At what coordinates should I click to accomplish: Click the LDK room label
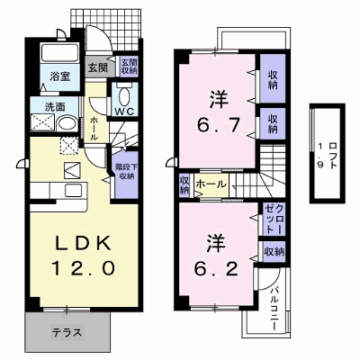83,243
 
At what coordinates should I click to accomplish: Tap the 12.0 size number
83,268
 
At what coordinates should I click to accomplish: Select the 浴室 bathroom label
59,76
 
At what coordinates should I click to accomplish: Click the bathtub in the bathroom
59,53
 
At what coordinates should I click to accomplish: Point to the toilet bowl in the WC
124,95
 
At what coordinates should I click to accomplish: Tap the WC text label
125,112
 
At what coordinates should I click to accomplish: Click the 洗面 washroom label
55,107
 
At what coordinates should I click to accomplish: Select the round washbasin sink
67,123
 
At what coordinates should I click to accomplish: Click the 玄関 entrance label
97,67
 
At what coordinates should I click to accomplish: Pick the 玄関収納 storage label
129,67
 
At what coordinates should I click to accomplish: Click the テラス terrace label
67,332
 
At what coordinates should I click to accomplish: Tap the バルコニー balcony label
274,310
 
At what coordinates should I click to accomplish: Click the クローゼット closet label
274,220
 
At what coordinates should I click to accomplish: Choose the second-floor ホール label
211,184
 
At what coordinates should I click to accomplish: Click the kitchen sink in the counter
73,190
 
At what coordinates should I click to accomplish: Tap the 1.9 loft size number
320,156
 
